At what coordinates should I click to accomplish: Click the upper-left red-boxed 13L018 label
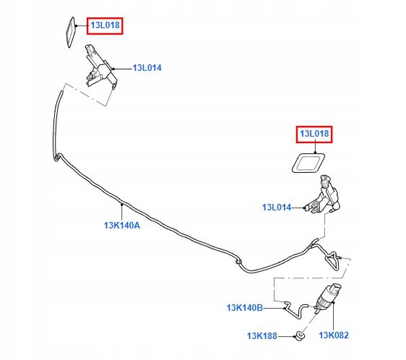(x=105, y=25)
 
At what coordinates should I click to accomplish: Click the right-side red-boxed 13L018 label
(x=314, y=134)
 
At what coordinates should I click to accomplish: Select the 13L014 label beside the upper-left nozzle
(x=147, y=68)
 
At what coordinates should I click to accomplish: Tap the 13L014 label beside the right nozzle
(x=277, y=207)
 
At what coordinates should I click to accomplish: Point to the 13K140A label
(x=122, y=226)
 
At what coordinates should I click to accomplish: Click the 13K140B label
(x=245, y=308)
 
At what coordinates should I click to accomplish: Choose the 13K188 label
(x=262, y=336)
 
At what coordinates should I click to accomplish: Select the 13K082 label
(x=334, y=335)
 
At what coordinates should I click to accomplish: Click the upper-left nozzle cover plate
(x=67, y=33)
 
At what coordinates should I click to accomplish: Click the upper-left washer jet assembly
(x=100, y=67)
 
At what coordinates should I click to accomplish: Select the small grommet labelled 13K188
(x=301, y=335)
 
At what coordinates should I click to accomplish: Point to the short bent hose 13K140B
(x=298, y=310)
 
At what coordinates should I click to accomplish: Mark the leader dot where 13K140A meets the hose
(x=121, y=205)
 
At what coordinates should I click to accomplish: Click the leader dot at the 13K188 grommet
(x=295, y=336)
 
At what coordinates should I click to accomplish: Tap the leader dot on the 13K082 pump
(x=334, y=302)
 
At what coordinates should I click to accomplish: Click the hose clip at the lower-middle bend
(x=238, y=262)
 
